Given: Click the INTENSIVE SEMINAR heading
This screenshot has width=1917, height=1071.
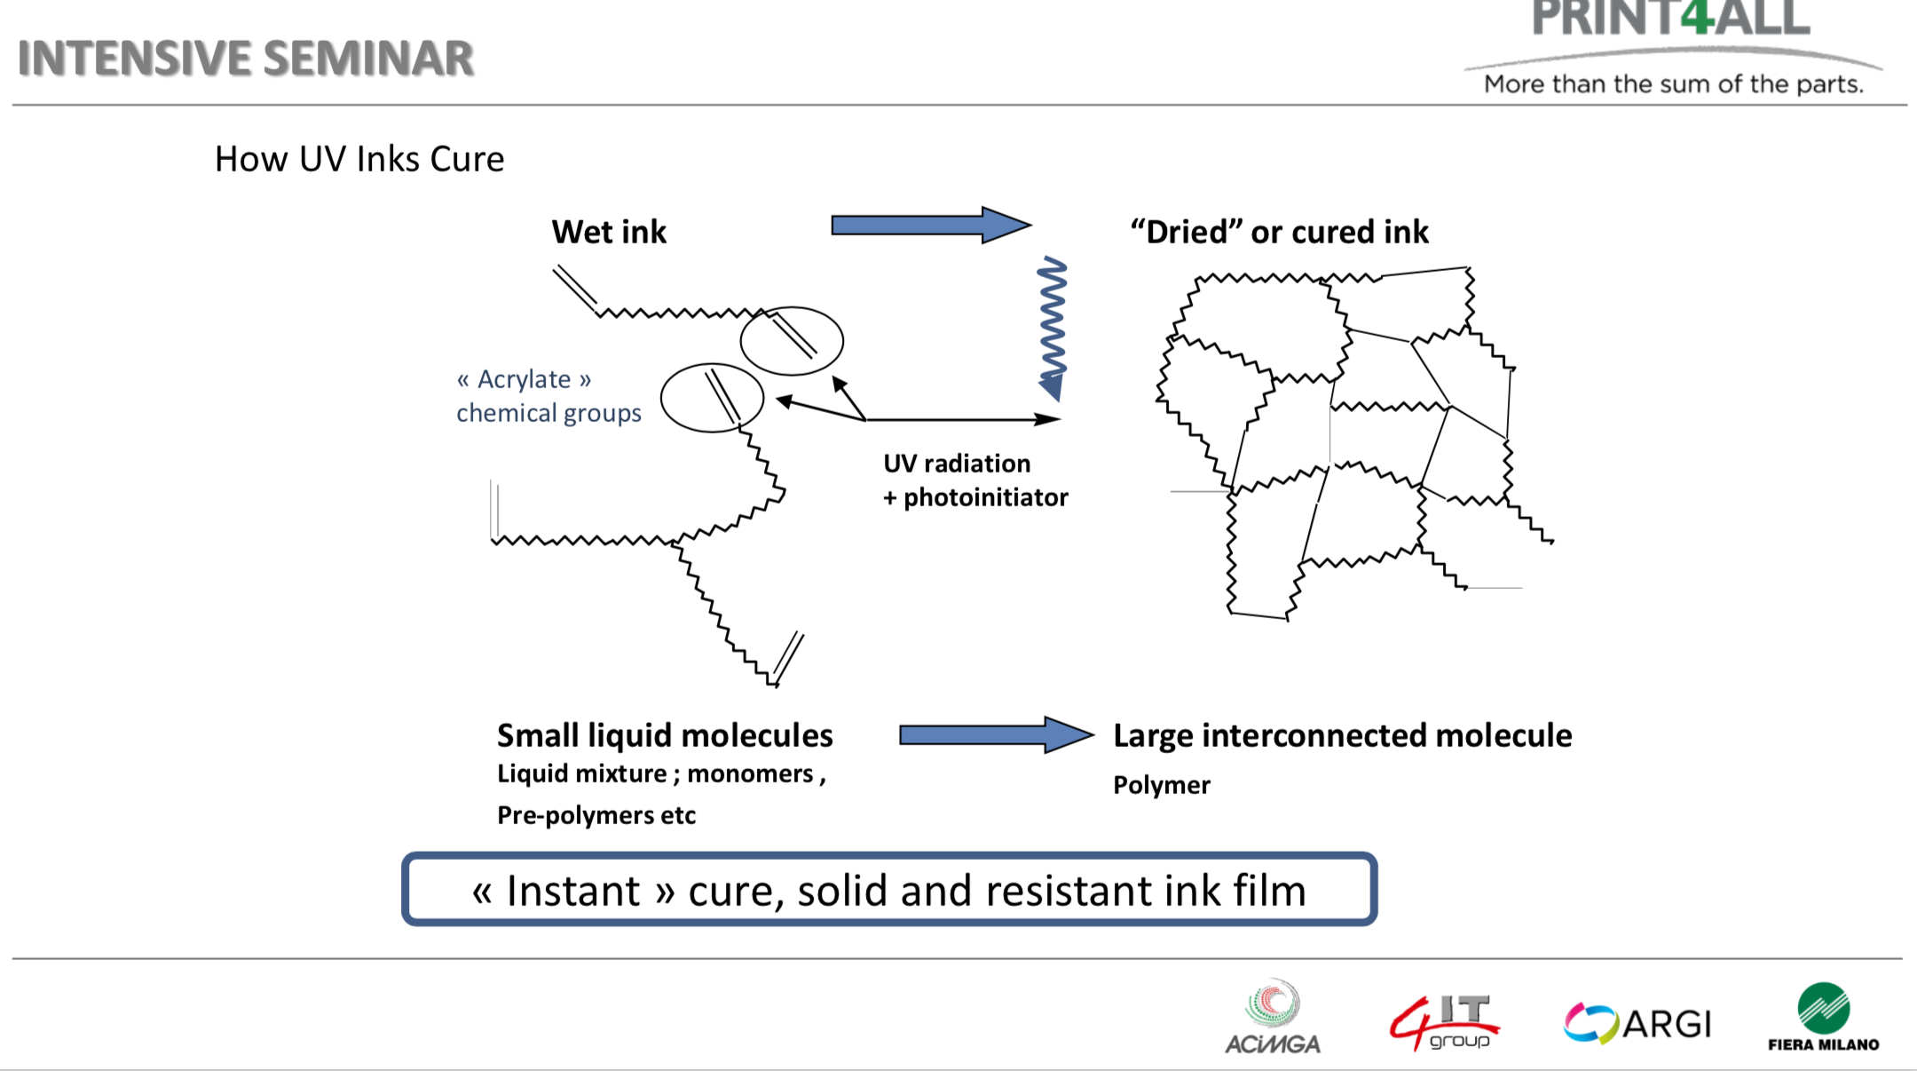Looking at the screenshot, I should pyautogui.click(x=246, y=59).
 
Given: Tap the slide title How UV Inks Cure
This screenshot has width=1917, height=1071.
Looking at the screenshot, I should pyautogui.click(x=359, y=159).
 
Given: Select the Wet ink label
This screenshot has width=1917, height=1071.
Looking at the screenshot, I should pyautogui.click(x=609, y=232).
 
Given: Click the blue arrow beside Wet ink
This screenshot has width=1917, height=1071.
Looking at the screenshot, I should pyautogui.click(x=929, y=226).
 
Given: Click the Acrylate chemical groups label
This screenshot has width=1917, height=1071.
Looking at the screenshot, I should pyautogui.click(x=548, y=396).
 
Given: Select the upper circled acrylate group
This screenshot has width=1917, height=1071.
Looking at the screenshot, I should pyautogui.click(x=792, y=340).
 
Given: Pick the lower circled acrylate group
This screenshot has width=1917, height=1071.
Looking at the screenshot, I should pyautogui.click(x=712, y=398).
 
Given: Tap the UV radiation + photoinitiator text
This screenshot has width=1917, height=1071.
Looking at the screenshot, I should pyautogui.click(x=975, y=480).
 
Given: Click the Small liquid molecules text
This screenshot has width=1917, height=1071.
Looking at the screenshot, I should pyautogui.click(x=665, y=735).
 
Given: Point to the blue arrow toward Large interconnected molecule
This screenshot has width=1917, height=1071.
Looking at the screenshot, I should pyautogui.click(x=995, y=735).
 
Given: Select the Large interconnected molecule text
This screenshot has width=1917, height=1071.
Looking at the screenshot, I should pyautogui.click(x=1342, y=735).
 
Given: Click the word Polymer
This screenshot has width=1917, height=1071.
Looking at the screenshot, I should pyautogui.click(x=1162, y=785).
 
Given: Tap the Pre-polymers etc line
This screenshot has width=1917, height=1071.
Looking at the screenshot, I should pyautogui.click(x=596, y=815).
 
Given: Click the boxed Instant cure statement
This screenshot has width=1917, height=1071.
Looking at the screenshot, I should pyautogui.click(x=888, y=890).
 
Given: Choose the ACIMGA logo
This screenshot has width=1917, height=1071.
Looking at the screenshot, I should pyautogui.click(x=1273, y=1018).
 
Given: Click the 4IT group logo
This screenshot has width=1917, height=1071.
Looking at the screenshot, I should pyautogui.click(x=1444, y=1021).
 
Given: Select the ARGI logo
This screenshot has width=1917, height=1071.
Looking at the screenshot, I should pyautogui.click(x=1637, y=1024).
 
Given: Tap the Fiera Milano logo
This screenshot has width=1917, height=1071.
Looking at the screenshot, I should pyautogui.click(x=1823, y=1018).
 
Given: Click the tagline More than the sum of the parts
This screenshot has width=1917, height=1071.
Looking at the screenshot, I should pyautogui.click(x=1673, y=84).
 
